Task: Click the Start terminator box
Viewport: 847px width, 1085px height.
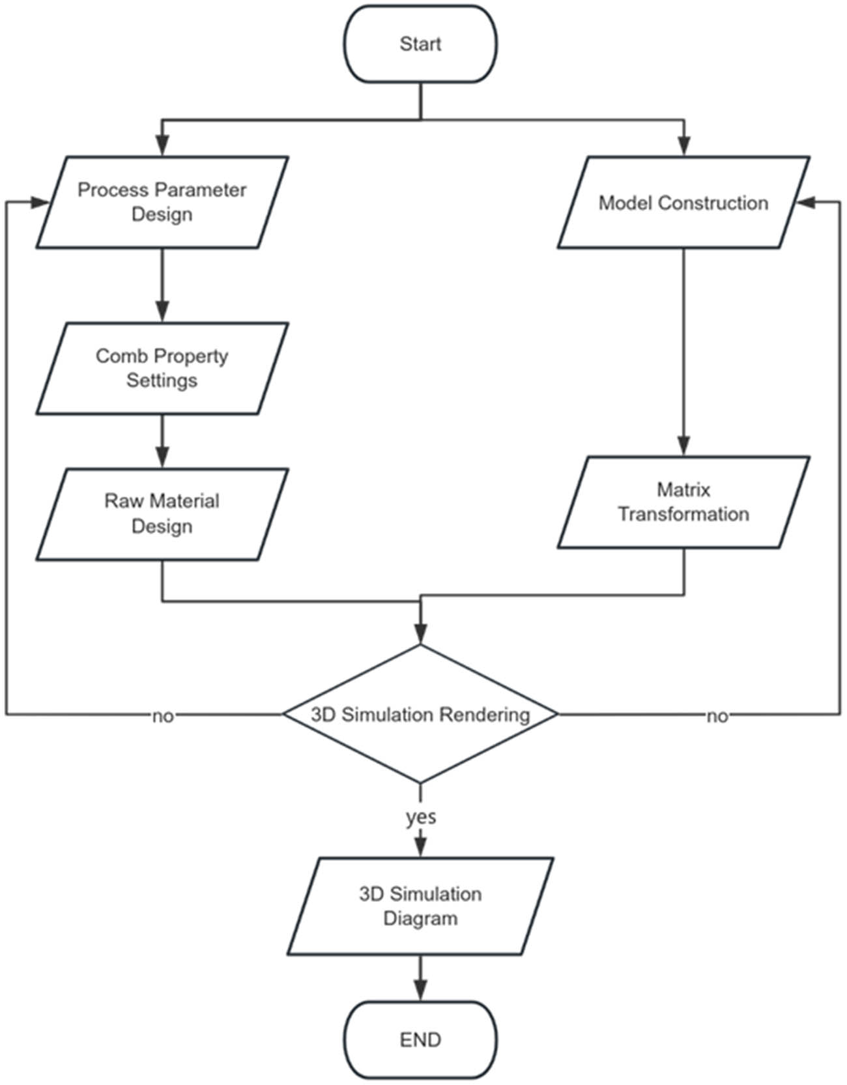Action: (x=420, y=44)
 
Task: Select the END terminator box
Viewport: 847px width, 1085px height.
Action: (x=420, y=1039)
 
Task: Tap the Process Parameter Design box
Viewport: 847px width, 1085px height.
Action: (x=162, y=202)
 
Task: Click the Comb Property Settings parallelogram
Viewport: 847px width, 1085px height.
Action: (x=162, y=368)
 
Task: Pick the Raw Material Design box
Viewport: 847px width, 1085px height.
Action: (x=162, y=514)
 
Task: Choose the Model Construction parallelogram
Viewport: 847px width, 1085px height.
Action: (x=683, y=203)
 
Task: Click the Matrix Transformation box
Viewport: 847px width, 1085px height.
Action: (x=683, y=502)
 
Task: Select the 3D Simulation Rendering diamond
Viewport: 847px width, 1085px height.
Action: (x=420, y=714)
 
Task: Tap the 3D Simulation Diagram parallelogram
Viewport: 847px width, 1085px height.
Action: (x=420, y=906)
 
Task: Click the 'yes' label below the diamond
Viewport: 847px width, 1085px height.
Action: (x=421, y=817)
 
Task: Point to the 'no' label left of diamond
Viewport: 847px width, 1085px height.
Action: (x=163, y=716)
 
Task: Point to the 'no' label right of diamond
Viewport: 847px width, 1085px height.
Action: (x=717, y=716)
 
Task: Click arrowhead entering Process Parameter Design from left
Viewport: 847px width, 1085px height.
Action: (x=40, y=203)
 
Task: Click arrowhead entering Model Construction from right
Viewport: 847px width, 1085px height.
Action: (x=805, y=203)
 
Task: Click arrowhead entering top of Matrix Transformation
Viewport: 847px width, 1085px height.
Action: (x=683, y=446)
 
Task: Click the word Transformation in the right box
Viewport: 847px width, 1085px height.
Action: (x=683, y=514)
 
